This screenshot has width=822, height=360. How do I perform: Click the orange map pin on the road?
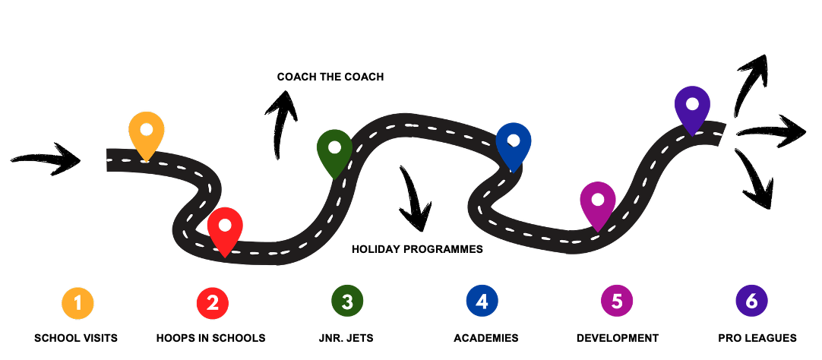pos(147,132)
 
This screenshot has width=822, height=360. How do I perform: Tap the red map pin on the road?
pos(225,229)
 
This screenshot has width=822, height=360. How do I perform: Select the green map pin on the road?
pos(334,150)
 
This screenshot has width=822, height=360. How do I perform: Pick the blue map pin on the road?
pos(514,144)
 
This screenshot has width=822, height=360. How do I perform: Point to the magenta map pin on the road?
pos(598,203)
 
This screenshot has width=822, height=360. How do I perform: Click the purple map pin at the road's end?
pos(692,107)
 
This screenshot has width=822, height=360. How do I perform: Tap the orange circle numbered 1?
pos(77,302)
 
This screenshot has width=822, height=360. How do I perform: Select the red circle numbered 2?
pos(213,302)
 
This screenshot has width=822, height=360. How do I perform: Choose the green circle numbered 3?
pos(347,302)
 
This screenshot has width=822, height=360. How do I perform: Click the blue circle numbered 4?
pos(482,302)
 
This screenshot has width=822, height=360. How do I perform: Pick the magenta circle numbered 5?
pos(616,302)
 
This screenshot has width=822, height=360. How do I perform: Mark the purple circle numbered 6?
pos(751,302)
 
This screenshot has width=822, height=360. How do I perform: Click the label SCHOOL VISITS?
pos(76,338)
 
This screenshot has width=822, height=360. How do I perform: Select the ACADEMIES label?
pos(486,338)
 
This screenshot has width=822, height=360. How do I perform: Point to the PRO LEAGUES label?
pos(757,338)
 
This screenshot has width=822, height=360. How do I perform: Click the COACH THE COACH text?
pos(330,77)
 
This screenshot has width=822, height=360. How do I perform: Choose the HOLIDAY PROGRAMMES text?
pos(417,249)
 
